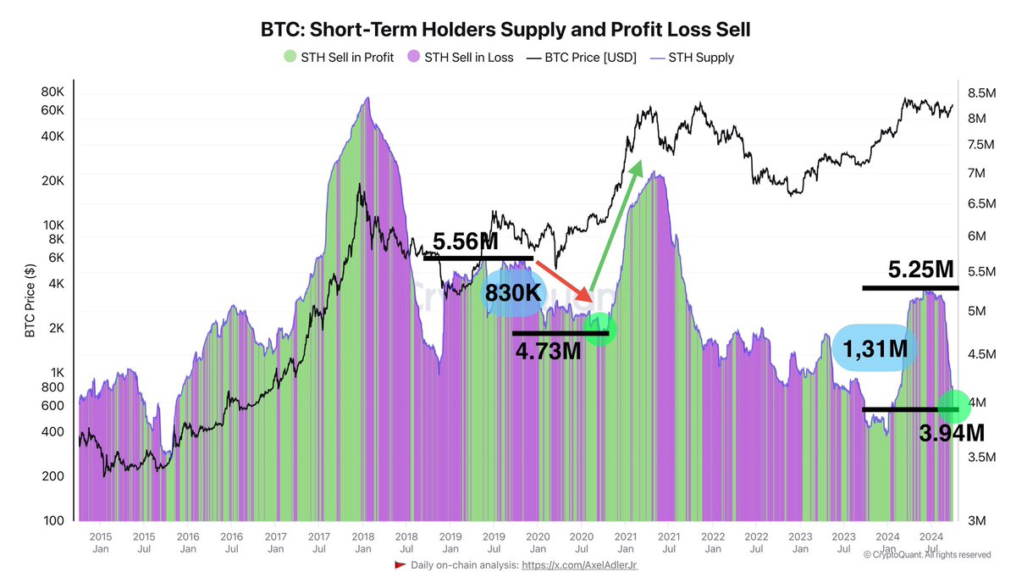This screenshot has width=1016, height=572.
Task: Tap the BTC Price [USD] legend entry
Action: click(581, 58)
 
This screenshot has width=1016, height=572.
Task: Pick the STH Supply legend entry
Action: click(692, 58)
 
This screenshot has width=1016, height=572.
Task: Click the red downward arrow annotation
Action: click(564, 282)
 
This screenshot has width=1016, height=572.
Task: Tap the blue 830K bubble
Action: click(514, 294)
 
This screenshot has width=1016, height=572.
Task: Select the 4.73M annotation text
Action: click(548, 350)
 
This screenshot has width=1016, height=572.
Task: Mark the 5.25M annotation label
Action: click(921, 270)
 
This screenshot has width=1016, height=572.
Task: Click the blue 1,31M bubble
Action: click(875, 347)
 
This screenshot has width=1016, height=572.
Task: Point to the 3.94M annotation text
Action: click(952, 434)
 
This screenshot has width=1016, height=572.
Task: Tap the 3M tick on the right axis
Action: click(976, 519)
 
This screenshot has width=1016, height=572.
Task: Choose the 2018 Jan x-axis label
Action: click(362, 541)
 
